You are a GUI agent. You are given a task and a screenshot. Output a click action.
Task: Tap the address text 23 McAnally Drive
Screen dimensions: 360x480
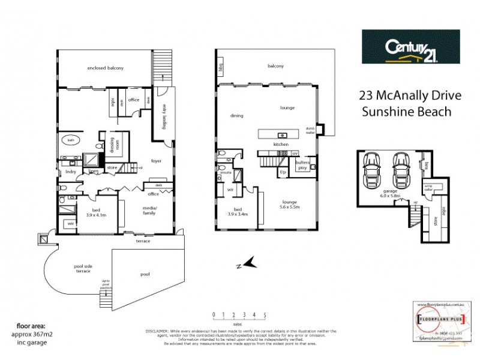coord(404,95)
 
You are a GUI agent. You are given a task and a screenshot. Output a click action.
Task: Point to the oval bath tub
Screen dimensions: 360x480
coord(70,140)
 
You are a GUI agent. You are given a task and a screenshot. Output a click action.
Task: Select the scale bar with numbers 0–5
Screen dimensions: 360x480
coord(239,316)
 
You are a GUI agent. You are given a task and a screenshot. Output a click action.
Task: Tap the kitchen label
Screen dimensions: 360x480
coord(281,145)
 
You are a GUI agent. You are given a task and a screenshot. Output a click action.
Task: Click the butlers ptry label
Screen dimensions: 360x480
coord(302,164)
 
